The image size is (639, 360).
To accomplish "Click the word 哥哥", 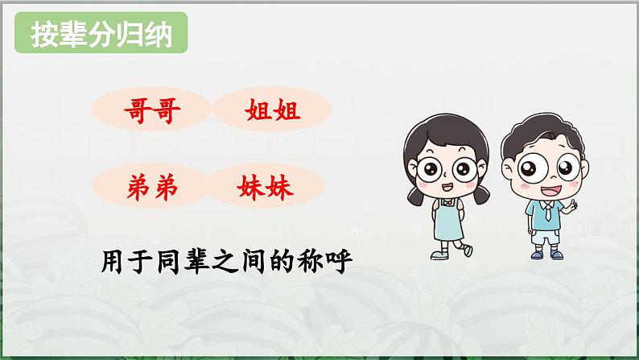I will click(152, 111).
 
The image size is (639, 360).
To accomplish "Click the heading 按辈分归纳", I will click(101, 36).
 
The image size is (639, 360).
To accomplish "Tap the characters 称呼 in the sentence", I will click(329, 262).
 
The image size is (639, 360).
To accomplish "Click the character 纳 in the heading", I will click(159, 36).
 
